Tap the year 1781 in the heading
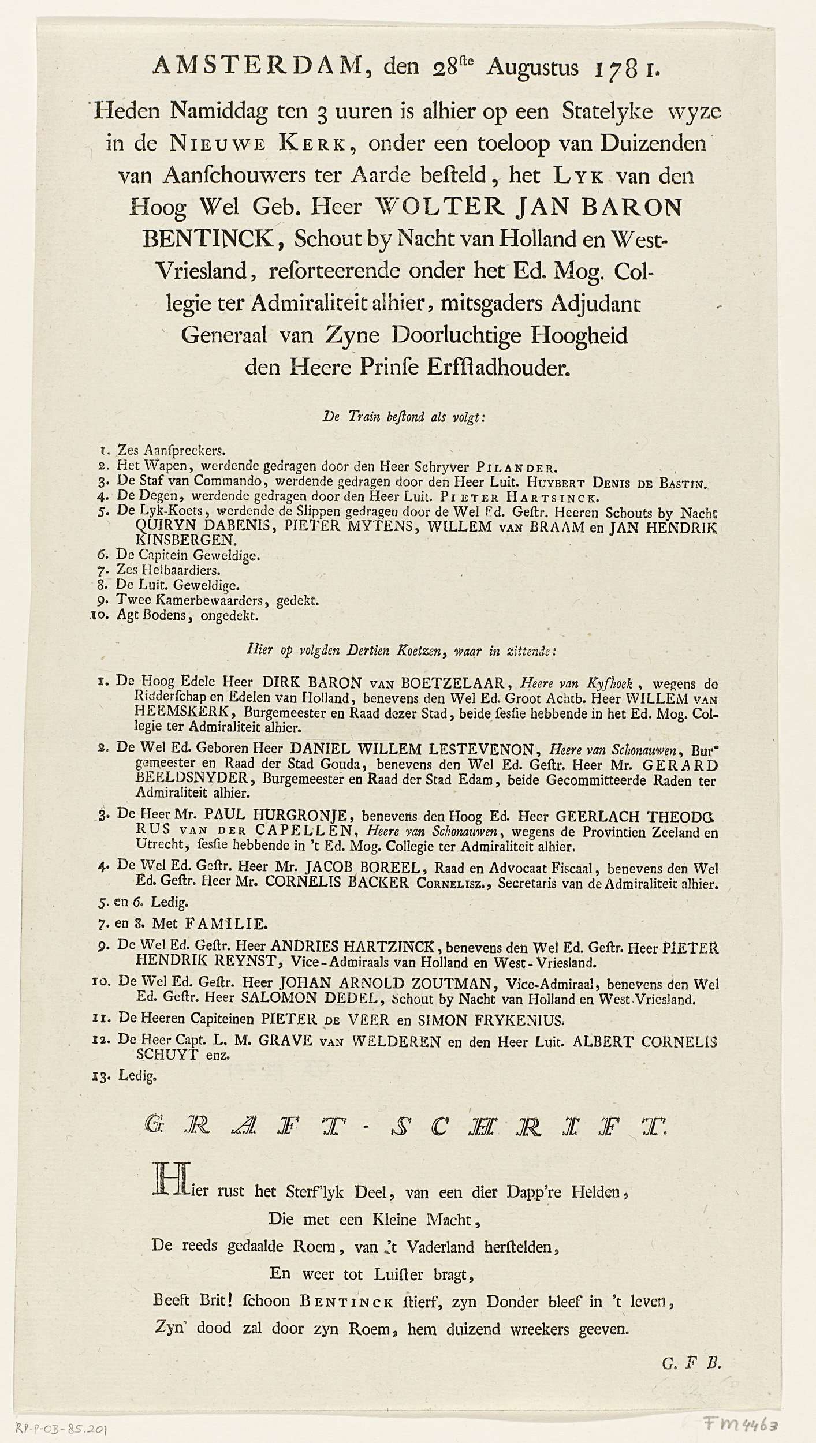pos(616,68)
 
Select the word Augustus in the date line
pos(532,68)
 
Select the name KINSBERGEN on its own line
pos(184,541)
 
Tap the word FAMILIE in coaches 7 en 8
pos(233,925)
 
